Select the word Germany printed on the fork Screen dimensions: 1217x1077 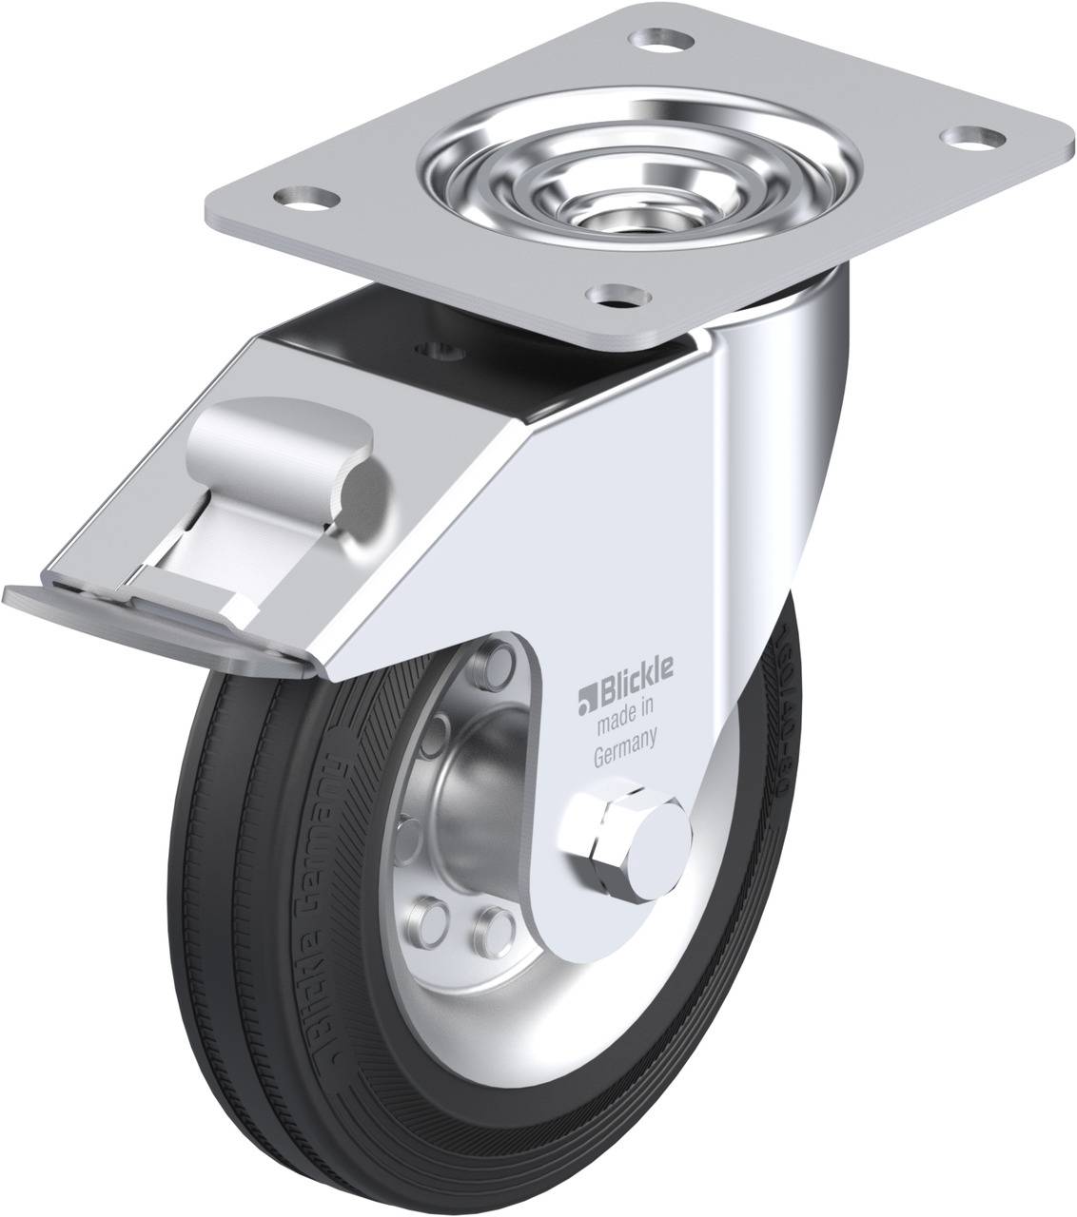pos(627,729)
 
